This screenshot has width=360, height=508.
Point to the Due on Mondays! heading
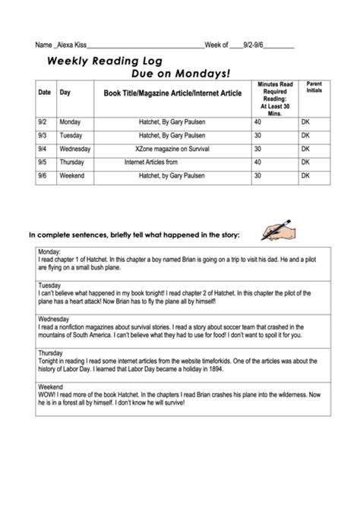click(180, 74)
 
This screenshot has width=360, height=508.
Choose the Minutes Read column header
click(274, 96)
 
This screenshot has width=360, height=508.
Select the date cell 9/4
click(43, 149)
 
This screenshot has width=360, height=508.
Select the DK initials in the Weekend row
click(305, 175)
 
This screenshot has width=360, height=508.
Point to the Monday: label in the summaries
click(49, 251)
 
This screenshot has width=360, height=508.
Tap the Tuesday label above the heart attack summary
click(50, 285)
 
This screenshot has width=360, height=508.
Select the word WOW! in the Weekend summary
click(47, 393)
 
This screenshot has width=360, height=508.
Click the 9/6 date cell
click(43, 175)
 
